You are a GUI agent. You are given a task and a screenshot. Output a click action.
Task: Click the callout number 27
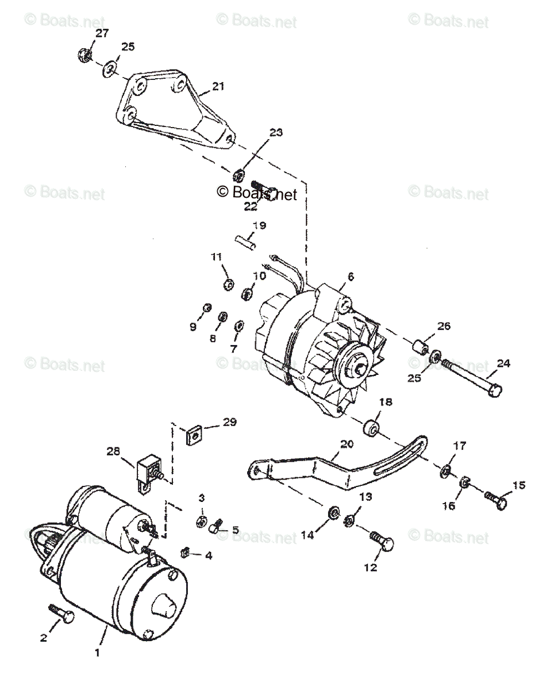click(102, 34)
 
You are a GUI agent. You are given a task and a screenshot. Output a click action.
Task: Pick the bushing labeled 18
click(371, 429)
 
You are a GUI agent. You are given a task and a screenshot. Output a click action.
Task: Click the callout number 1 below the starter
click(97, 653)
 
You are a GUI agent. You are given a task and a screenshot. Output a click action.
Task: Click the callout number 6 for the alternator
click(351, 277)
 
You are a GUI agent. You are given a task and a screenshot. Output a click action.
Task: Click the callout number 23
click(276, 133)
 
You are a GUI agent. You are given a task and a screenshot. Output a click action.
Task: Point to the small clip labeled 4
click(186, 553)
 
